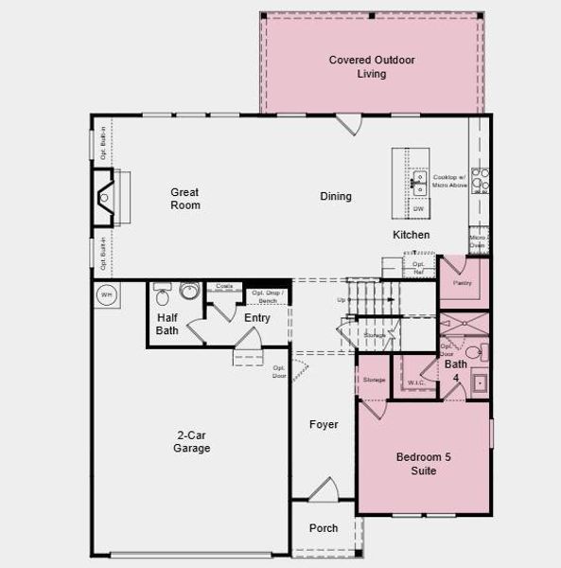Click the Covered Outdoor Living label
click(372, 66)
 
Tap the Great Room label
click(185, 198)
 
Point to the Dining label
click(336, 197)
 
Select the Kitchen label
click(412, 235)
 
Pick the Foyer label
click(324, 425)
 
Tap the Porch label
click(324, 528)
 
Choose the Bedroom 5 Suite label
click(423, 464)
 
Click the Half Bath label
click(167, 325)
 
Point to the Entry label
click(257, 318)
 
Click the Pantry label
click(463, 282)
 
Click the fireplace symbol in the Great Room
click(105, 198)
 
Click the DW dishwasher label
click(418, 208)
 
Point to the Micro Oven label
click(478, 241)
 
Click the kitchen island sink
click(417, 180)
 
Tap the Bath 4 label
click(456, 370)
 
